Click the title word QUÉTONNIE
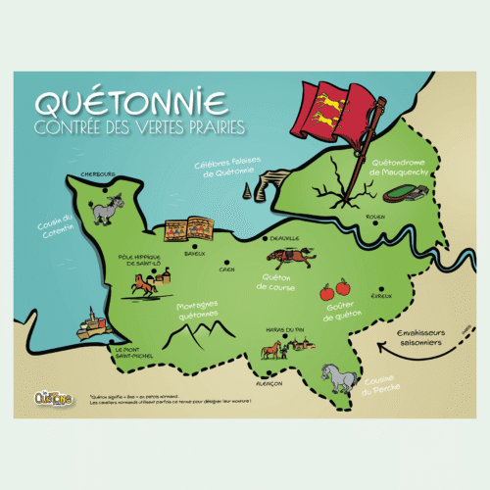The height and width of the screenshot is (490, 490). point(130,102)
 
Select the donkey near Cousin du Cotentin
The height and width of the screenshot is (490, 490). point(100,209)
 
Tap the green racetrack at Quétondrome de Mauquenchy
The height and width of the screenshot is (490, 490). point(400,193)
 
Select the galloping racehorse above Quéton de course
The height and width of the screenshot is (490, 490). point(291,258)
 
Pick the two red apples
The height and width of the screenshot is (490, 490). point(334,290)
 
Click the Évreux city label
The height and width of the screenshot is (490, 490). point(381,296)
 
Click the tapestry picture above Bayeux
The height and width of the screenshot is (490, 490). point(188,231)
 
